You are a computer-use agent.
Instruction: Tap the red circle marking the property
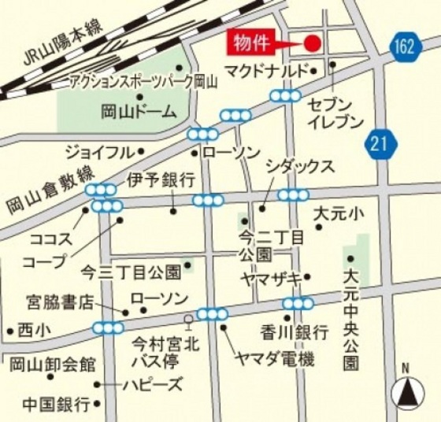312,43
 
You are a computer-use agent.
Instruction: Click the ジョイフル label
99,150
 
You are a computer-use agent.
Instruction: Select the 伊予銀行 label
161,180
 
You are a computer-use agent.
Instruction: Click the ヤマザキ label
272,278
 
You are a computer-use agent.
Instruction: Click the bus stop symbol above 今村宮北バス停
187,320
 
